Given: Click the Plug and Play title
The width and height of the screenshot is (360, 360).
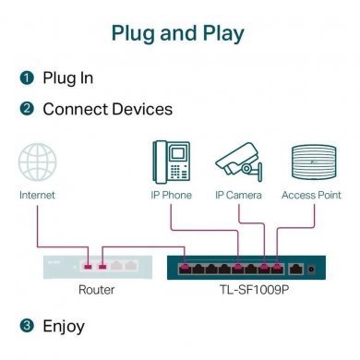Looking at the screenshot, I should pos(177,33).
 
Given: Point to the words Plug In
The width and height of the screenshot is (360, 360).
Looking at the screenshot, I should pos(66,78).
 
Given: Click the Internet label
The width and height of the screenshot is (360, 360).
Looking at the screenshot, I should pos(37,195).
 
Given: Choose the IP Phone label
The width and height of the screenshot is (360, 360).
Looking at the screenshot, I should pos(172,195).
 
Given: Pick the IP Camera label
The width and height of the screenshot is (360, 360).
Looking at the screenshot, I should pos(238,195).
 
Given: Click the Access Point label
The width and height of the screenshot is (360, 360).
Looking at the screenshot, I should pos(311,195).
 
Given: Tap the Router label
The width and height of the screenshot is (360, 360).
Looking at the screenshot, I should pos(97,289).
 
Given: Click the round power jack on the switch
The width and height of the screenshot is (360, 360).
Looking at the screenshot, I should pos(318,270).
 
